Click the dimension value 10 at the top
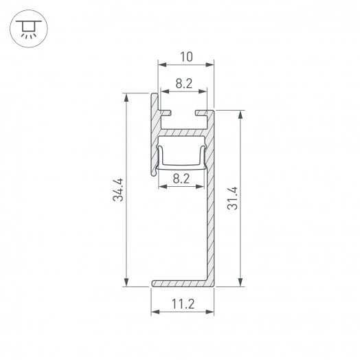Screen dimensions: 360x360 [x=186, y=54]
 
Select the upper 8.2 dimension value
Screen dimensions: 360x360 [x=183, y=84]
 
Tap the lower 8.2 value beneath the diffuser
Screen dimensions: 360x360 [x=183, y=180]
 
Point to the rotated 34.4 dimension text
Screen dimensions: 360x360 [x=118, y=190]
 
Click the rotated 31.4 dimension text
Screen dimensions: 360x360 [x=232, y=198]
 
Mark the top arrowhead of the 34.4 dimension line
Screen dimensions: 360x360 [x=126, y=98]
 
